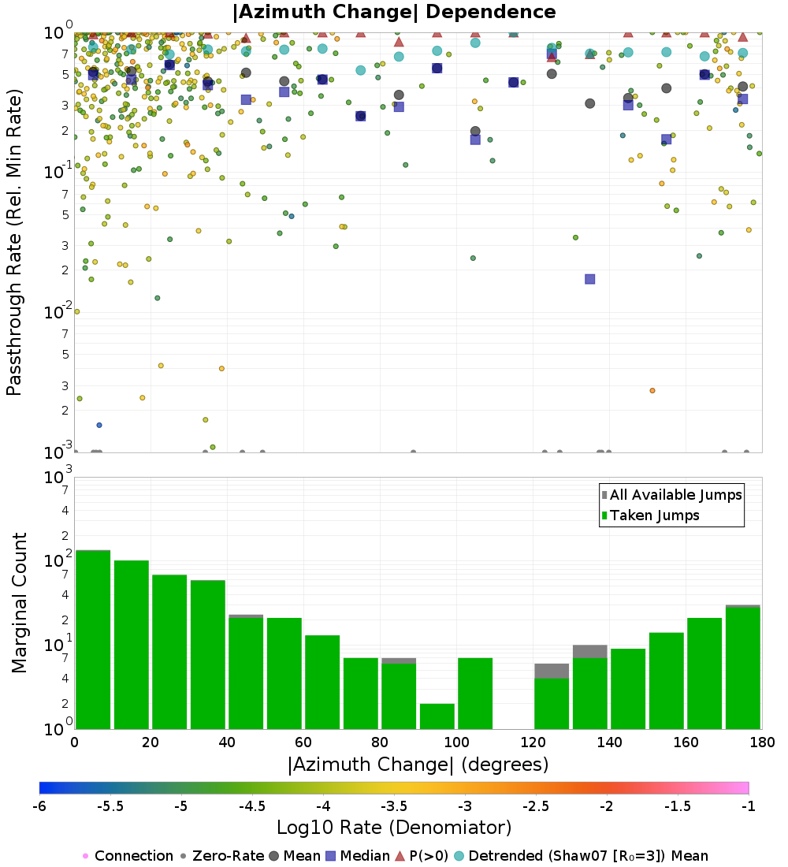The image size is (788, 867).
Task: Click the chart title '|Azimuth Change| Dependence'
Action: tap(394, 13)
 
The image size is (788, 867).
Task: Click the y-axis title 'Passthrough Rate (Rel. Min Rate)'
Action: tap(14, 241)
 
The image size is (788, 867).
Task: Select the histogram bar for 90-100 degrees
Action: tap(437, 716)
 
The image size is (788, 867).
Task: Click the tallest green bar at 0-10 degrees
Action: tap(93, 639)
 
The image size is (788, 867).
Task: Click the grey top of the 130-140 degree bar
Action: tap(589, 651)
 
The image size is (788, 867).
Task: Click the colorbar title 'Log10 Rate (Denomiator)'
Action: tap(394, 828)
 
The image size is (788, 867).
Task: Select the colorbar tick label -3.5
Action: tap(394, 806)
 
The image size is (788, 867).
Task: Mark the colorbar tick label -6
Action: tap(39, 806)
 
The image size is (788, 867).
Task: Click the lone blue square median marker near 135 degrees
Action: tap(589, 279)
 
